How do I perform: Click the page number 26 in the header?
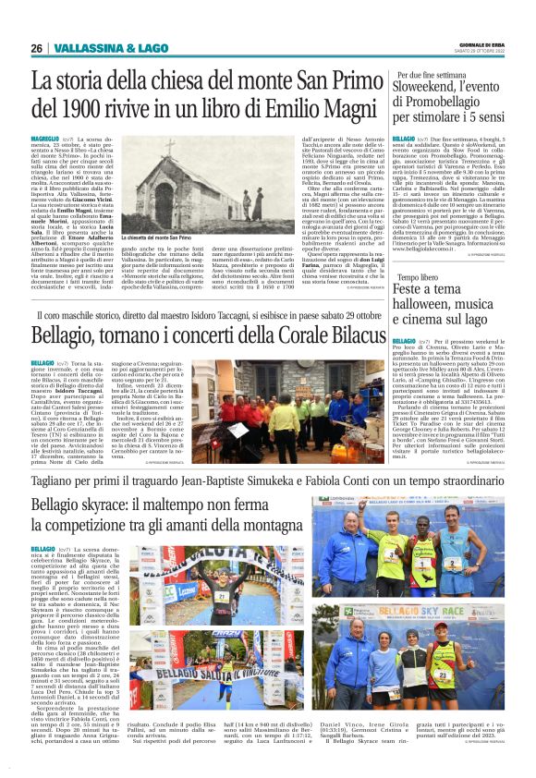[x=37, y=48]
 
